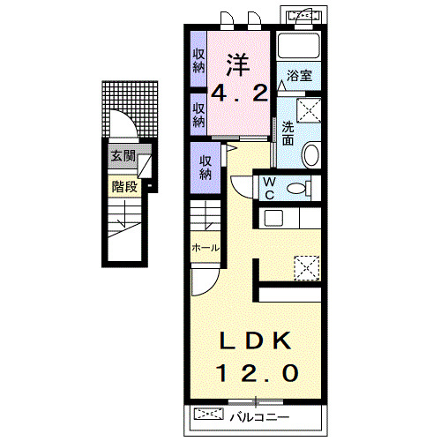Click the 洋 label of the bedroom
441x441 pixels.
coord(238,65)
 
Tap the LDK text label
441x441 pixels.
coord(256,340)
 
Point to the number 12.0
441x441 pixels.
coord(258,373)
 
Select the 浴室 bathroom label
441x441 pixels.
coord(299,76)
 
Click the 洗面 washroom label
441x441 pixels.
coord(288,133)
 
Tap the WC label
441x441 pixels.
coord(269,189)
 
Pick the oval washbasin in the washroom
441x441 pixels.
coord(311,154)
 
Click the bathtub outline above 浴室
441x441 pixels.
coord(299,45)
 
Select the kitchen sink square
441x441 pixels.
coord(273,218)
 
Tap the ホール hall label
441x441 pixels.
coord(206,248)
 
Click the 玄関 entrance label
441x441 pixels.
coord(123,156)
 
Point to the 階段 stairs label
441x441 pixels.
coord(124,186)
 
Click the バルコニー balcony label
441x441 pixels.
coord(259,417)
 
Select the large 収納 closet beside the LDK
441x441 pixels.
coord(206,168)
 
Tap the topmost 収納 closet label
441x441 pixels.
coord(198,61)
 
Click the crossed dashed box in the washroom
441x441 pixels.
coord(309,110)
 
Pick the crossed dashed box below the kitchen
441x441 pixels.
coord(307,268)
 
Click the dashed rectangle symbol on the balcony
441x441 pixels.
coord(209,414)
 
